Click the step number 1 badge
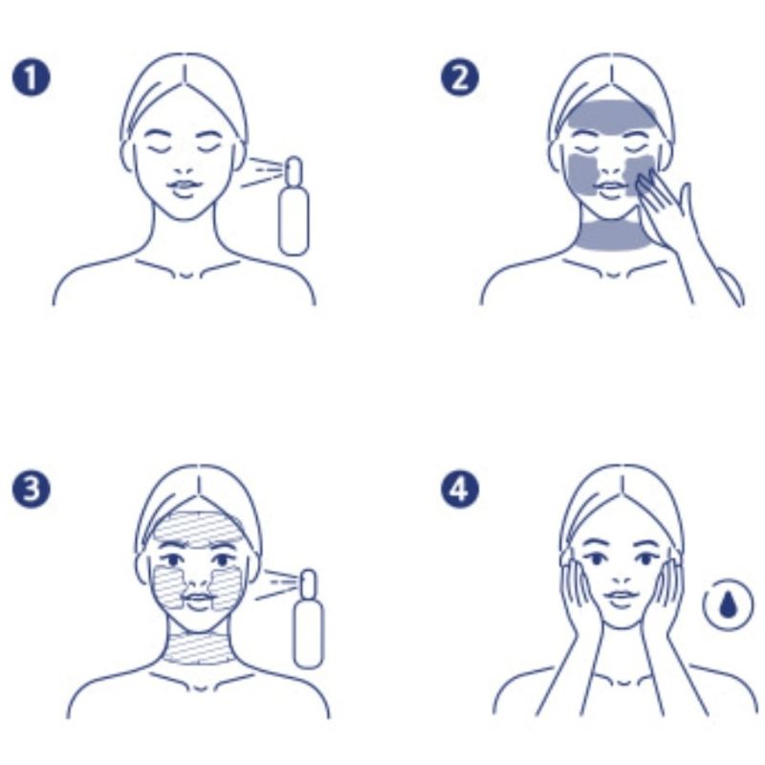tap(31, 78)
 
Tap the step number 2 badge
tap(460, 78)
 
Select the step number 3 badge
tap(31, 489)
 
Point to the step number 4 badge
tap(460, 489)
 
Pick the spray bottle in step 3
tap(308, 619)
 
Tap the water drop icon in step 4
tap(728, 605)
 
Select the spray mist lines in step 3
tap(276, 585)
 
